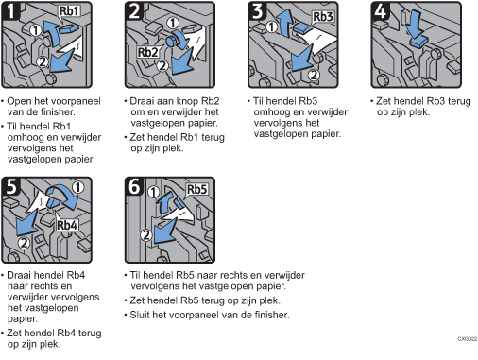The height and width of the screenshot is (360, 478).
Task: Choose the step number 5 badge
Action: click(x=12, y=187)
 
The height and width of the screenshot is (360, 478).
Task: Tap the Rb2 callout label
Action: click(x=148, y=52)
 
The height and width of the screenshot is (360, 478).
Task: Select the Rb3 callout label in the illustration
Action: click(x=323, y=17)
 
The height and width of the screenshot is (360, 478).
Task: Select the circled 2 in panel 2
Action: click(x=162, y=65)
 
